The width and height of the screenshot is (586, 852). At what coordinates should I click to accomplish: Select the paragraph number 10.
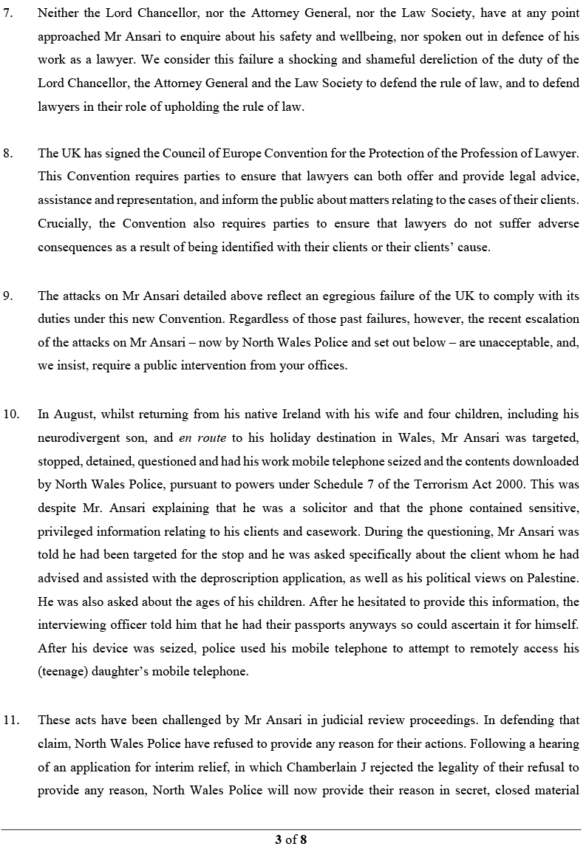click(x=11, y=415)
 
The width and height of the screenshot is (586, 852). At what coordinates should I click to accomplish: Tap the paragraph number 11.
click(x=11, y=720)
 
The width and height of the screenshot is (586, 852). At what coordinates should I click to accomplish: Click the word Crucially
click(x=64, y=224)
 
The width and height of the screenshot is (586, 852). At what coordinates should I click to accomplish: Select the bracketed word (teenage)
click(x=64, y=672)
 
